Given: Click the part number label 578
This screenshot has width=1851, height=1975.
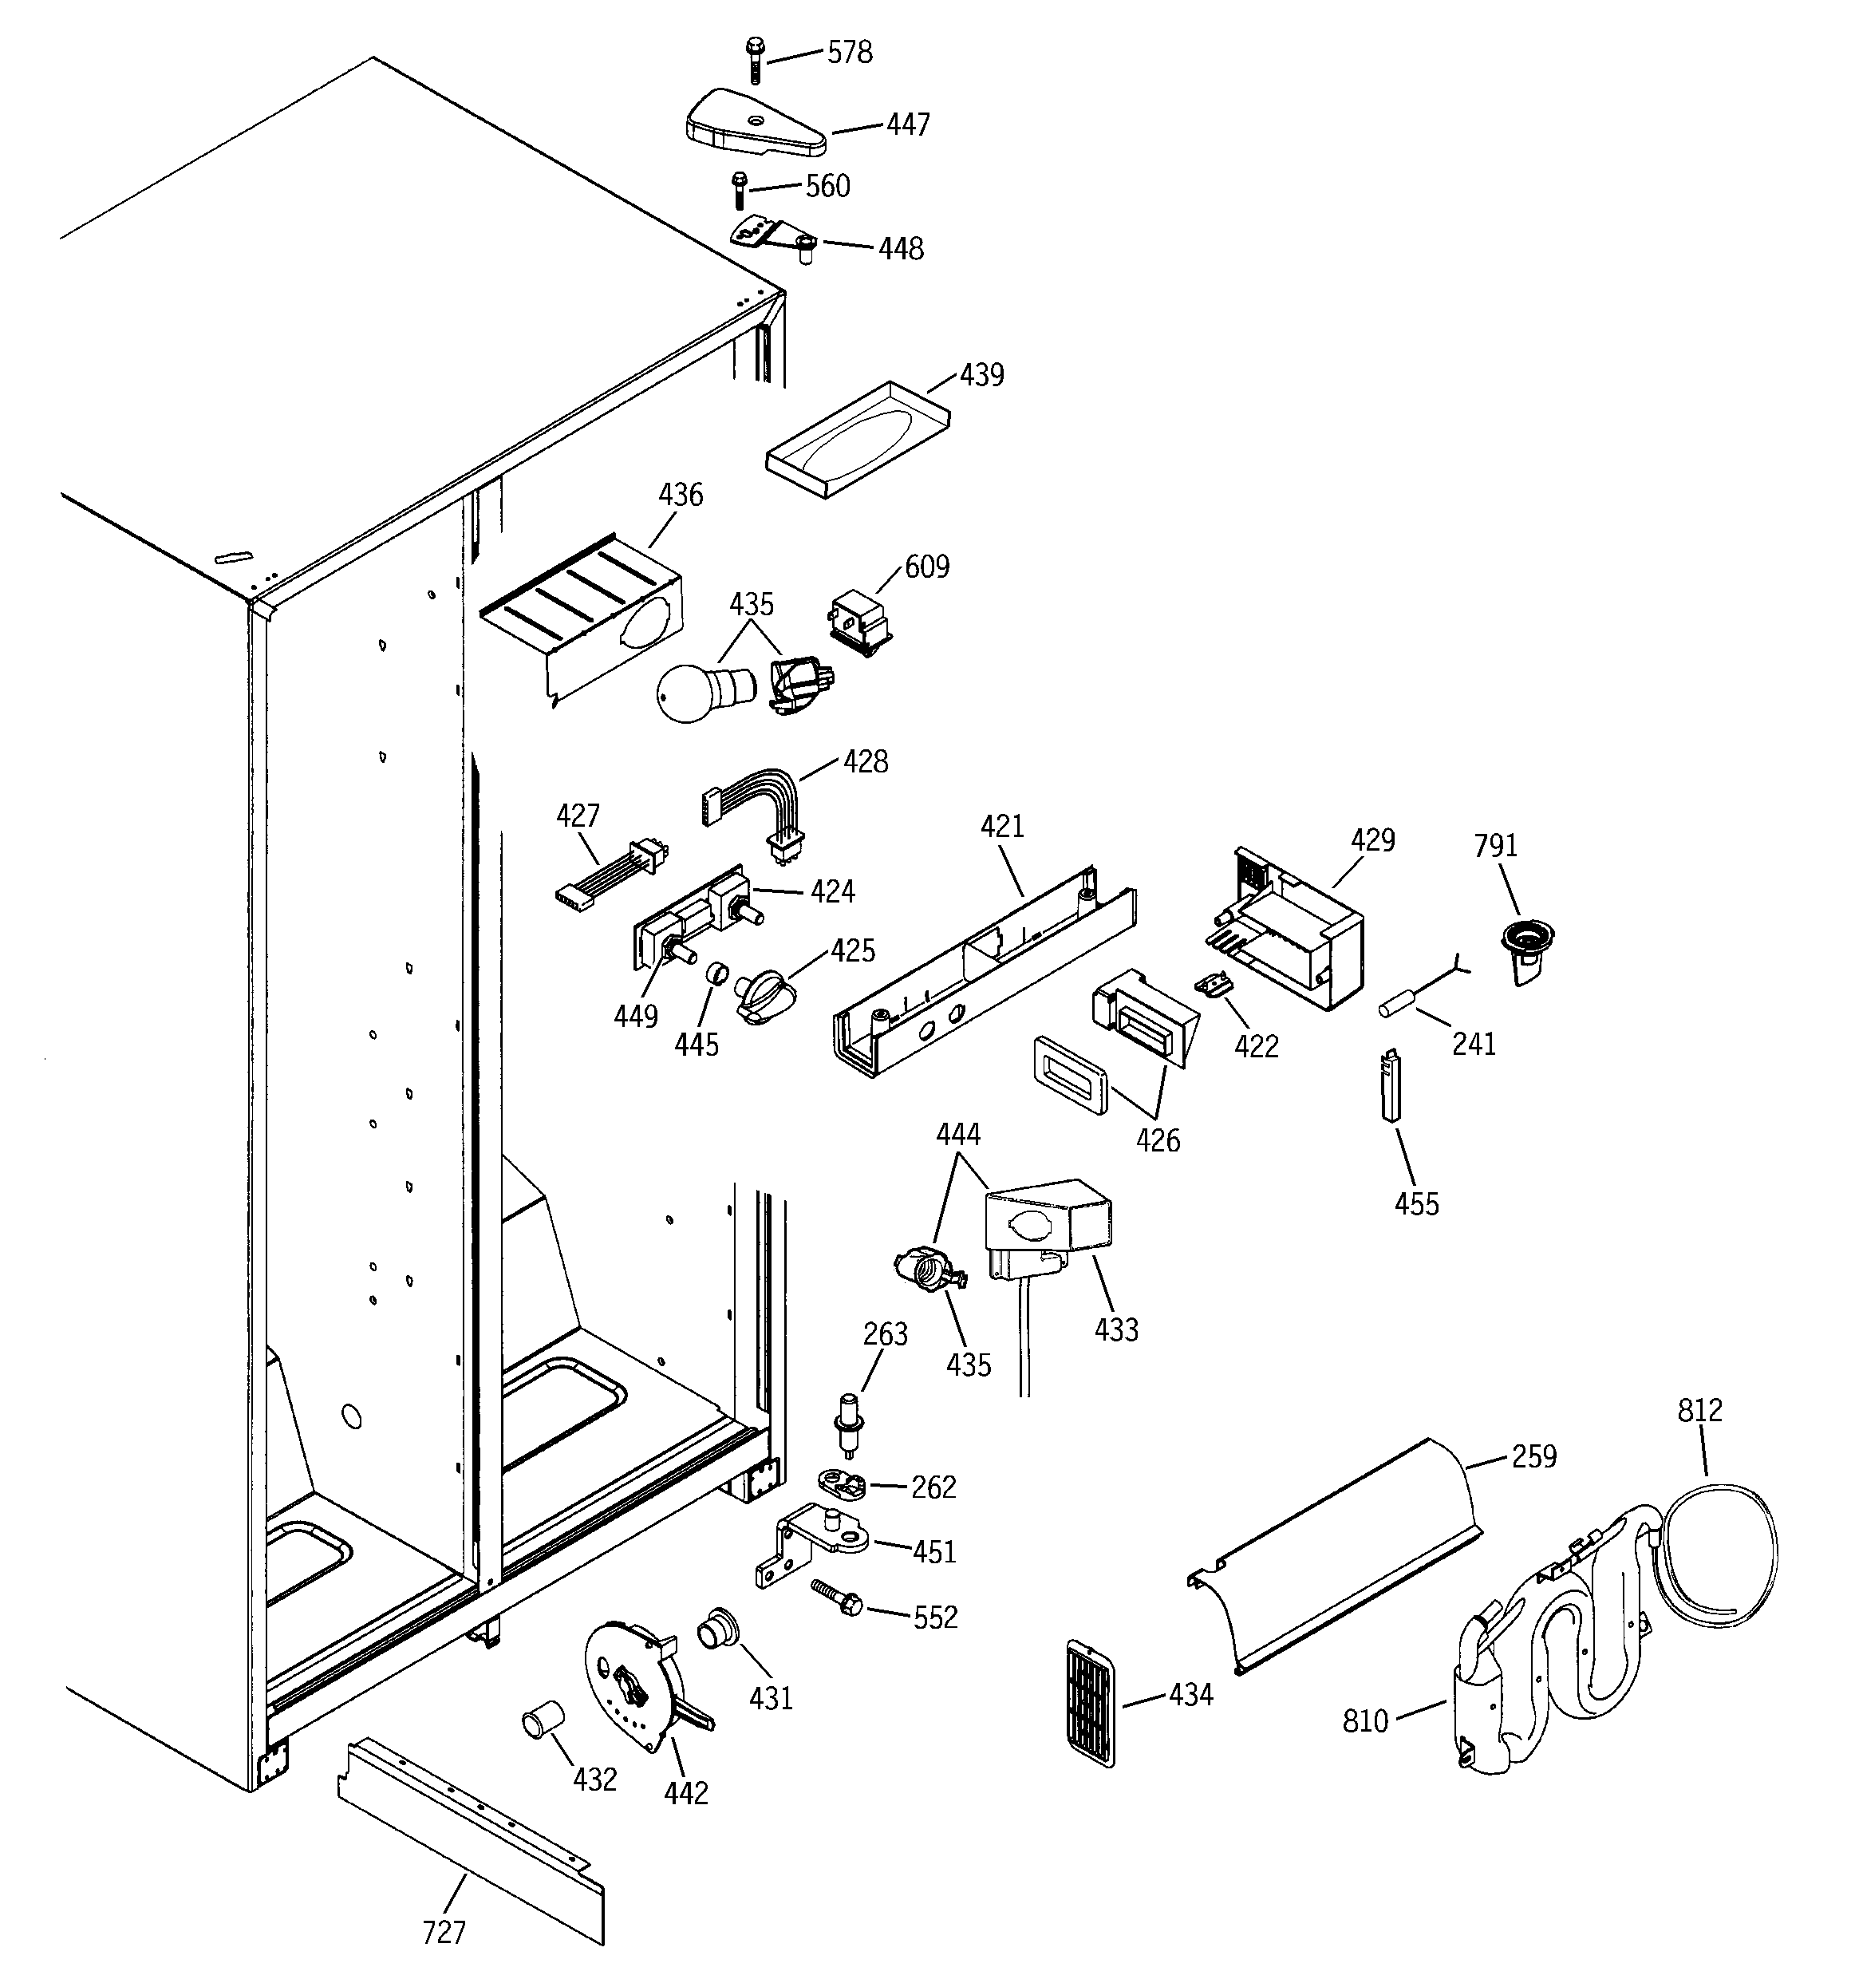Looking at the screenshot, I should [850, 53].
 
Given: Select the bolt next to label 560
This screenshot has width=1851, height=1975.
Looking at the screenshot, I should [738, 190].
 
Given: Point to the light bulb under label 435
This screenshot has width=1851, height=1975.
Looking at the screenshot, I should [696, 693].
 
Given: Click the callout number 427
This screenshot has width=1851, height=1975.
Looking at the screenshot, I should [578, 816].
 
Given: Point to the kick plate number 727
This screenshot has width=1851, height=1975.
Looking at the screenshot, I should [443, 1931].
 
